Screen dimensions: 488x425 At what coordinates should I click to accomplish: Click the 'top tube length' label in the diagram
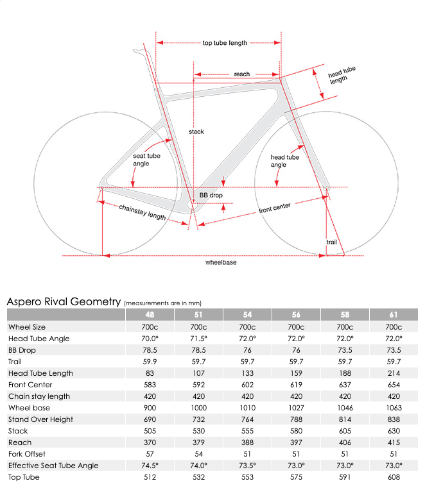coord(225,43)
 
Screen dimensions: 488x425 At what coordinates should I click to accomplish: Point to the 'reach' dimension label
coord(241,74)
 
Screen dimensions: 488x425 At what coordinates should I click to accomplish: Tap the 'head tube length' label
coord(342,76)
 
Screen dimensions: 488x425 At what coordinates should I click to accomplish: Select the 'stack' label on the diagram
coord(196,131)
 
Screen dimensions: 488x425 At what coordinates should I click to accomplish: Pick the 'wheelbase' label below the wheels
coord(221,263)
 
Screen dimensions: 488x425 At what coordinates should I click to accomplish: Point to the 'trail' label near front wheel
coord(331,242)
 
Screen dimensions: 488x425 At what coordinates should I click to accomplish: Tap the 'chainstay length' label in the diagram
coord(143,212)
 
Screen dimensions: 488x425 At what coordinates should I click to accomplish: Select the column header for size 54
coord(247,315)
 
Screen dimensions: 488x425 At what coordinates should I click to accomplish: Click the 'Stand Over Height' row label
coord(40,419)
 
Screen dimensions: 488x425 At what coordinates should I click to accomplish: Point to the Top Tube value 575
coord(297,477)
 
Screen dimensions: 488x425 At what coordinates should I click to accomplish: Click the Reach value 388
coord(247,442)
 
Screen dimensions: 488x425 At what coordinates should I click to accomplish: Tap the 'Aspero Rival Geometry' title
coord(64,301)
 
